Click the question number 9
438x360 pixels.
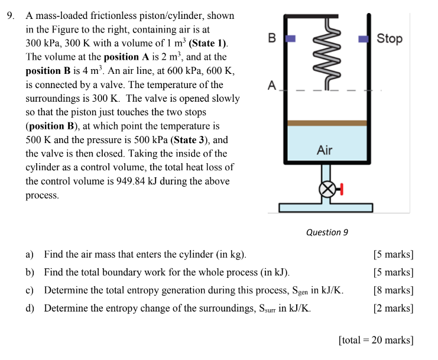(11, 16)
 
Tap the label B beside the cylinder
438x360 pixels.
(271, 38)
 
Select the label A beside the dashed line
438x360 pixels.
(271, 85)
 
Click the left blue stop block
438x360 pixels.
(290, 38)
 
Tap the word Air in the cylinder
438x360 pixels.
(325, 150)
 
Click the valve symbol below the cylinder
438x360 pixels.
(326, 189)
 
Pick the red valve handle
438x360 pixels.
(341, 189)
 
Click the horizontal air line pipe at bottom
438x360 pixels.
(326, 207)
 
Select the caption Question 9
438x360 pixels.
(327, 232)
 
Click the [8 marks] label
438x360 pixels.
(393, 290)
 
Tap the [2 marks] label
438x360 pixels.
(393, 308)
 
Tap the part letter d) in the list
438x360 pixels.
(30, 308)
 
